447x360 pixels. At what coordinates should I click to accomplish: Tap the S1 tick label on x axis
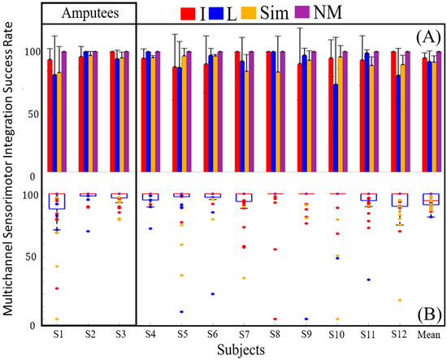pos(59,334)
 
